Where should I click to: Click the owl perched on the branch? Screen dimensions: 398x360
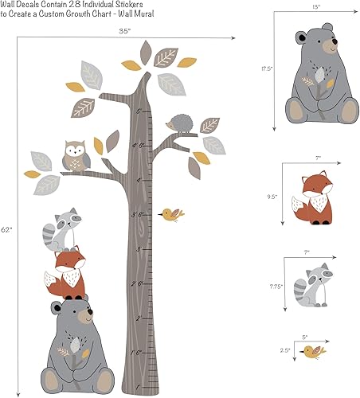(76, 156)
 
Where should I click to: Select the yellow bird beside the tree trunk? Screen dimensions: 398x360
(170, 213)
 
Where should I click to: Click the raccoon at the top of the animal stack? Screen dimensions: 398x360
(65, 228)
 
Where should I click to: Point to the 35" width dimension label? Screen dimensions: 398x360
(123, 30)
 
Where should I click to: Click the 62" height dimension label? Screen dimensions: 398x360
(7, 229)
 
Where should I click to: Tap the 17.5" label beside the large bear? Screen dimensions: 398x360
(268, 69)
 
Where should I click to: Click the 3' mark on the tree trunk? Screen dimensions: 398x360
(137, 214)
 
